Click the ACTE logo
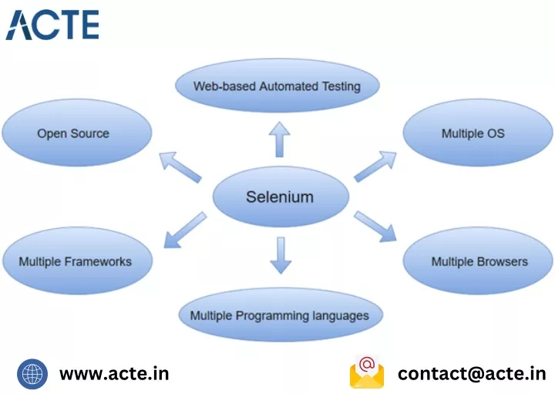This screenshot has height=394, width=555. coord(52,25)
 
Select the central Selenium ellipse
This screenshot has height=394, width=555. coord(281,197)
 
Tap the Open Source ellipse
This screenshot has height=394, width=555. coord(77,133)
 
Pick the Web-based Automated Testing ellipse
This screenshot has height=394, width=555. coord(277,86)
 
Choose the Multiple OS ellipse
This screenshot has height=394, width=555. coord(477,133)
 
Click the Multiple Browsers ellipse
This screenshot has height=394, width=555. coord(477,261)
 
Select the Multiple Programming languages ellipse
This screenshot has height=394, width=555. coord(281,315)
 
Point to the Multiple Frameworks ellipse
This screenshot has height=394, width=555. coord(78,261)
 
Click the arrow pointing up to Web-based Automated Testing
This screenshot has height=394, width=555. coord(279,140)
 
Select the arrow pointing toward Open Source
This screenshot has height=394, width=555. coord(180,167)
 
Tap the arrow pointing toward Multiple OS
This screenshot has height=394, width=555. coord(375,167)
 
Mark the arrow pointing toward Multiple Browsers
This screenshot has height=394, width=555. coord(375,227)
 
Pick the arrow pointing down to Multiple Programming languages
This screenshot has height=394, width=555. coord(281,255)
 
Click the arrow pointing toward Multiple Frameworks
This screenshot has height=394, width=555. coord(185,230)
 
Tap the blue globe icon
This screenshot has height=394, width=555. coord(32,374)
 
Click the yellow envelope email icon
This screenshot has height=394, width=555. coord(367,372)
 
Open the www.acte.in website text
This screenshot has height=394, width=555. coord(114,374)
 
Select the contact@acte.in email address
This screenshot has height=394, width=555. coord(472,374)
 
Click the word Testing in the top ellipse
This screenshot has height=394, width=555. coord(341,86)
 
